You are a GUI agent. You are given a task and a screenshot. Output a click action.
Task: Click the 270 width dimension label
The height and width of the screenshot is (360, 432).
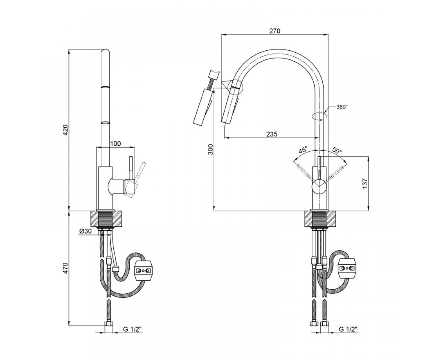coord(275,31)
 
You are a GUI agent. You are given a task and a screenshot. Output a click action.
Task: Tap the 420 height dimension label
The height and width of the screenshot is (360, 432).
coord(66,130)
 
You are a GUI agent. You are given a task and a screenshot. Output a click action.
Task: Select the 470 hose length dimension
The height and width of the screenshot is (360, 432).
coord(66,268)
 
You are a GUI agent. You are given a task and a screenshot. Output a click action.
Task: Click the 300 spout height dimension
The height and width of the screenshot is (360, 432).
coord(211,149)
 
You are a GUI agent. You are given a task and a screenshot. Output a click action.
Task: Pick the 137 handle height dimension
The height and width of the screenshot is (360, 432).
coord(365,183)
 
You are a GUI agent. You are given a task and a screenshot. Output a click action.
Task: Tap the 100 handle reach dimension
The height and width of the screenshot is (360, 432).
coord(116,143)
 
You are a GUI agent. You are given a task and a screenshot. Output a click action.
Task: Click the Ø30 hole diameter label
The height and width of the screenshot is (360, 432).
coord(85,231)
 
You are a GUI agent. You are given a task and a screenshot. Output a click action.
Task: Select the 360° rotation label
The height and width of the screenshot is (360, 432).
coord(342,107)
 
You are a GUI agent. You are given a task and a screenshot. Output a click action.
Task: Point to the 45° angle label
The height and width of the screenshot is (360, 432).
coord(303,150)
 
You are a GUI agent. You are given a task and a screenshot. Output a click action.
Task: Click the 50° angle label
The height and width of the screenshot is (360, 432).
coord(337,150)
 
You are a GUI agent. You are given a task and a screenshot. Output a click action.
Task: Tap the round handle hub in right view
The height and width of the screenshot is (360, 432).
coord(319,186)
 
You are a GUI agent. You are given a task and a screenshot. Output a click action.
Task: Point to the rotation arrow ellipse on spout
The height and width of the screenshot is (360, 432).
coord(319,116)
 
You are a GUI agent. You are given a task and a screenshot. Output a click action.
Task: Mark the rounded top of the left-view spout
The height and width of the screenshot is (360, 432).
coord(105,52)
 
